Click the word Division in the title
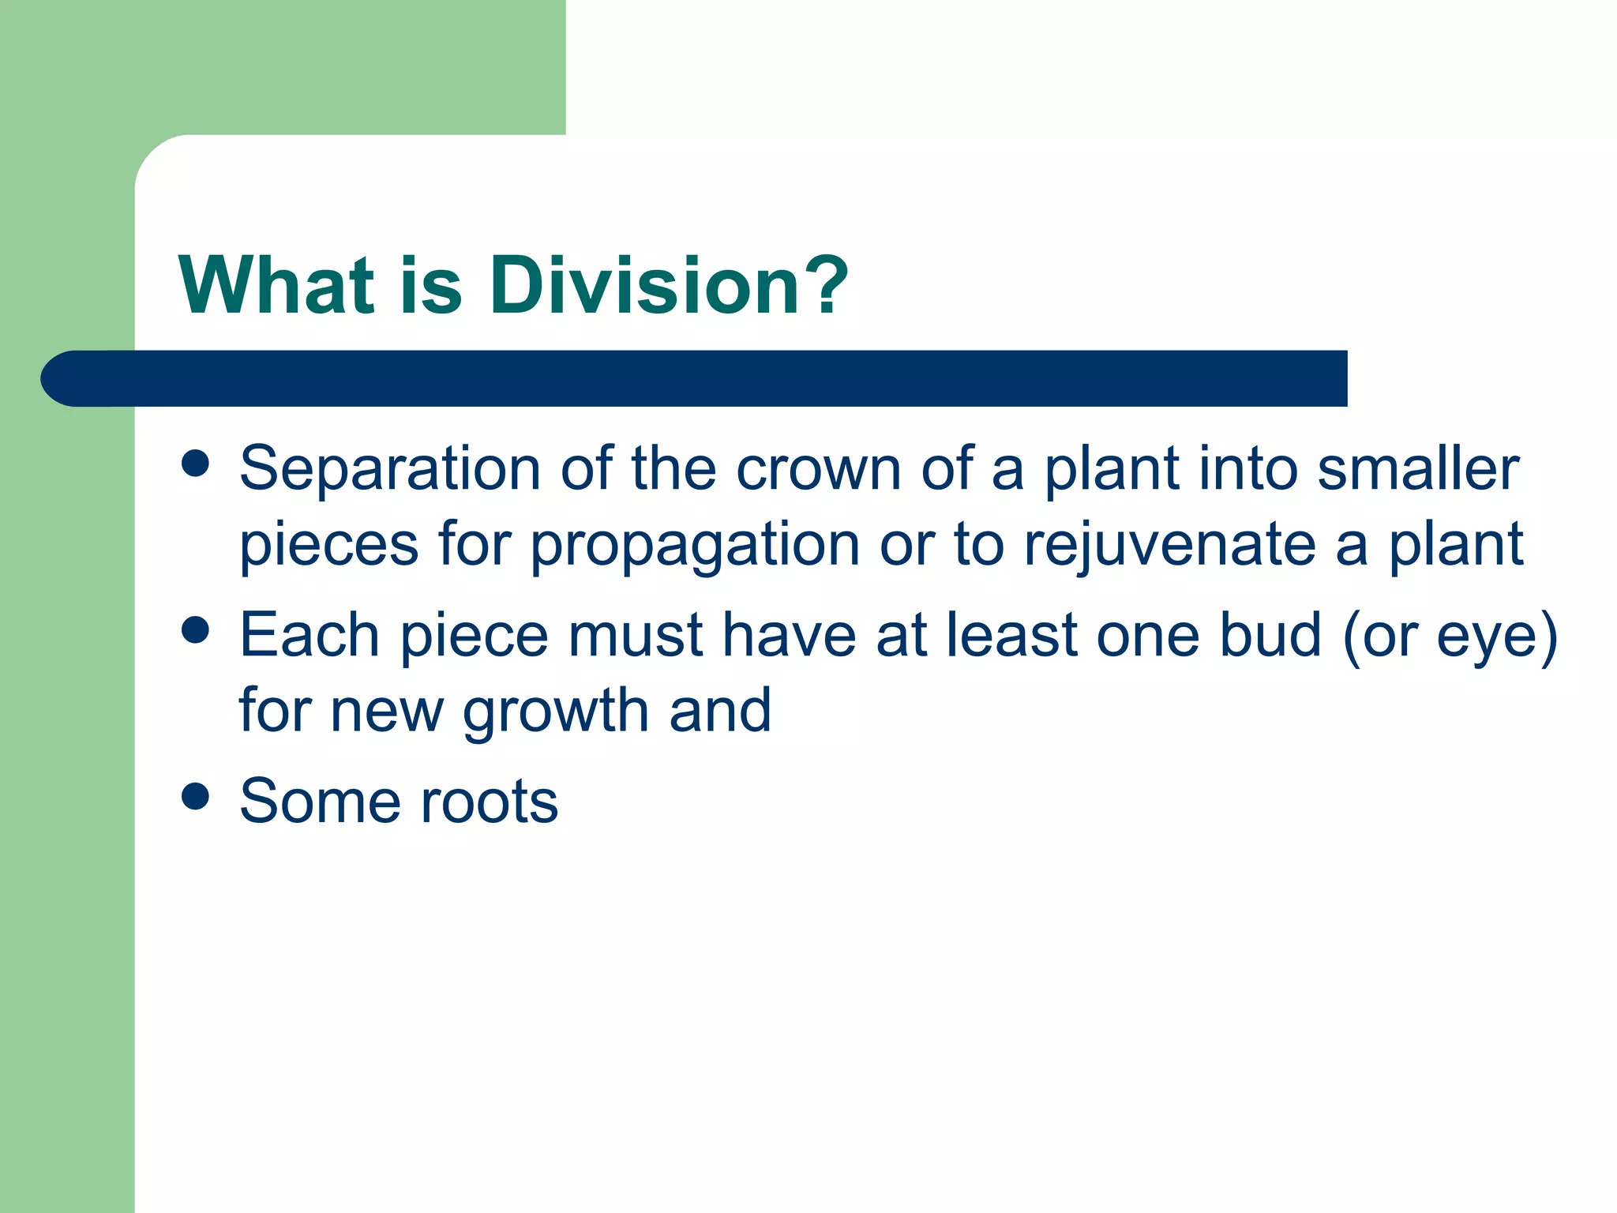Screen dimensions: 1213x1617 [643, 286]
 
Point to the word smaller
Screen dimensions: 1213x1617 [1418, 470]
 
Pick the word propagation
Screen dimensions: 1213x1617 [695, 546]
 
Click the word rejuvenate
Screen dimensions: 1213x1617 [1169, 546]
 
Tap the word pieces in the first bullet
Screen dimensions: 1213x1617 [328, 546]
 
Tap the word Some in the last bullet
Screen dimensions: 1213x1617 [321, 802]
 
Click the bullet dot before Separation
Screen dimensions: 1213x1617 [195, 464]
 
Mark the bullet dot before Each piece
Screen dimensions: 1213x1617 [195, 630]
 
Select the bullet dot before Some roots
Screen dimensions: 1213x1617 [195, 796]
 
